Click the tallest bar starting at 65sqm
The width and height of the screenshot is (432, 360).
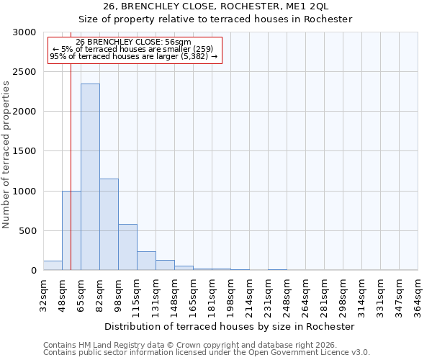tap(90, 177)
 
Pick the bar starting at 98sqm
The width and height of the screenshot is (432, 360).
tap(127, 247)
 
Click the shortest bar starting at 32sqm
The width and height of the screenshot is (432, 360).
tap(53, 266)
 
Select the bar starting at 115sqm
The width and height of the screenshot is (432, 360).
tap(146, 261)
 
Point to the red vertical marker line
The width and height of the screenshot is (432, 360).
tap(71, 166)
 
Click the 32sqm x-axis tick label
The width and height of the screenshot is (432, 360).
tap(43, 294)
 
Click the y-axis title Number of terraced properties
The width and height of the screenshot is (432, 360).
tap(6, 155)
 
